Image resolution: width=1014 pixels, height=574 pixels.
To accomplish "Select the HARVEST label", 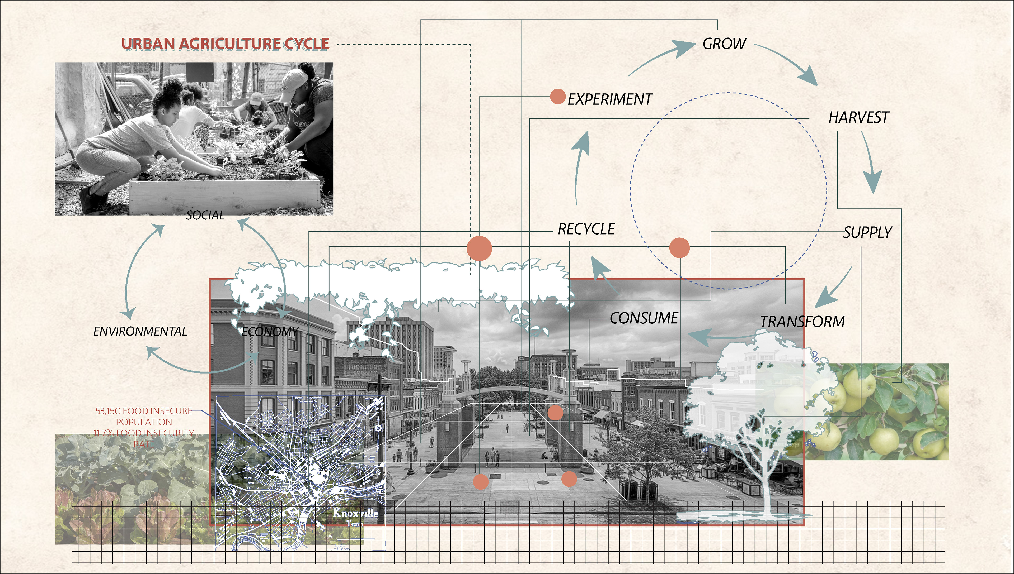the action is coord(858,117).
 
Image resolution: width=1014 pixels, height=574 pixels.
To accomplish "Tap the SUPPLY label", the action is coord(867,232).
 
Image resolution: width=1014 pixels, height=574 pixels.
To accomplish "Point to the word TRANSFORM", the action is coord(802,322).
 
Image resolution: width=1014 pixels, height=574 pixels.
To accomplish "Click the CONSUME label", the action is coord(644,318).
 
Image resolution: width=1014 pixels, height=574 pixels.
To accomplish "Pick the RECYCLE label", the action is coord(586,229).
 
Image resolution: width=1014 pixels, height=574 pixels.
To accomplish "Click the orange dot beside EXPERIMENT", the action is coord(557,97).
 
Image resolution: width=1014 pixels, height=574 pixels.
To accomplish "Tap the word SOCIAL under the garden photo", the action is coord(205,215).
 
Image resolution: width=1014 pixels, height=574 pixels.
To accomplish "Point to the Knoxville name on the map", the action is coord(355,513).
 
